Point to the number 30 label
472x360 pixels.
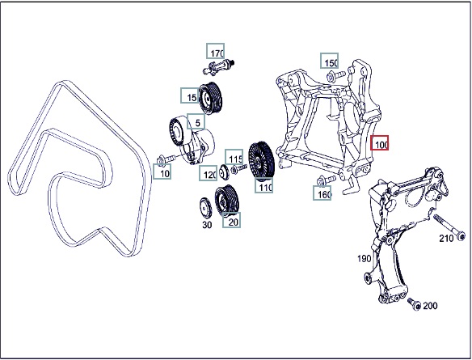207,225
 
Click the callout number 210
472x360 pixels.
446,239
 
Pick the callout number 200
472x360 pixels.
430,306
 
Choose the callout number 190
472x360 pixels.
364,259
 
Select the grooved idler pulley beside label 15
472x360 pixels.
210,98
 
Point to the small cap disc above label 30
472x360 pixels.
206,207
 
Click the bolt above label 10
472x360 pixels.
166,159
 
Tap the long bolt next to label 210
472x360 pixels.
449,227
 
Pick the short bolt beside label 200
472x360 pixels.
414,304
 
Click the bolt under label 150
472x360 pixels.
335,76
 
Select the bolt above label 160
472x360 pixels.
327,180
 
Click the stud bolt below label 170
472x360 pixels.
219,67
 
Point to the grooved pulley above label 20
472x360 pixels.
226,201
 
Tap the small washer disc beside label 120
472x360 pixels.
224,172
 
